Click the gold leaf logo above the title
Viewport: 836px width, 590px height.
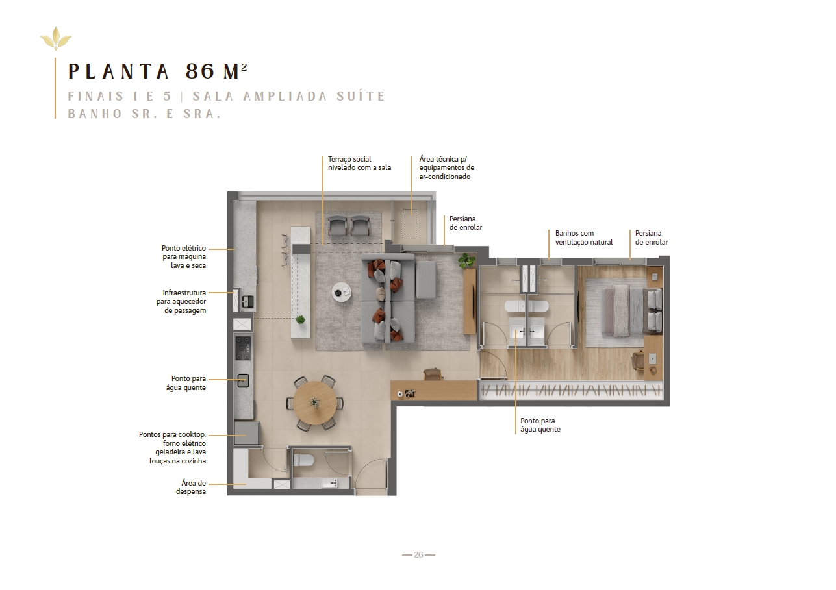coord(56,38)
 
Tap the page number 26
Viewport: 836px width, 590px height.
coord(418,554)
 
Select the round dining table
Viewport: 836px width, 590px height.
coord(314,403)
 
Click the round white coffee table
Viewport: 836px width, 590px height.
coord(342,291)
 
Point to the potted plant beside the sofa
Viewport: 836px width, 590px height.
coord(466,260)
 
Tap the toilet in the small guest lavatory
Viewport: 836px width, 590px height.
coord(303,461)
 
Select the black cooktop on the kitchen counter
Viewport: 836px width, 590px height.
coord(243,348)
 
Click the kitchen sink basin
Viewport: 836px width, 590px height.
coord(244,380)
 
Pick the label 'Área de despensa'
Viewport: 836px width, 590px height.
coord(191,487)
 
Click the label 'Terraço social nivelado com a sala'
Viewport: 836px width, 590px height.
coord(359,164)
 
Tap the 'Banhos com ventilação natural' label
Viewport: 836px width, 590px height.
coord(584,238)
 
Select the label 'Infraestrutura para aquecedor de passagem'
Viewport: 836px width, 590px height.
coord(181,301)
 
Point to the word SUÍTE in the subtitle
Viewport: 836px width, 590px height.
coord(360,96)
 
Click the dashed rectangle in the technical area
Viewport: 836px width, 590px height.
coord(409,223)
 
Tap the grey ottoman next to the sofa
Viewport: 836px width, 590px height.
coord(426,279)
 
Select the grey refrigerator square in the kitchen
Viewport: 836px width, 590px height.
coord(246,433)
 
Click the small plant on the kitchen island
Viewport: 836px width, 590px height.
coord(300,319)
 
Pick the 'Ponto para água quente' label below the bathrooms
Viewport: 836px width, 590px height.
coord(540,424)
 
